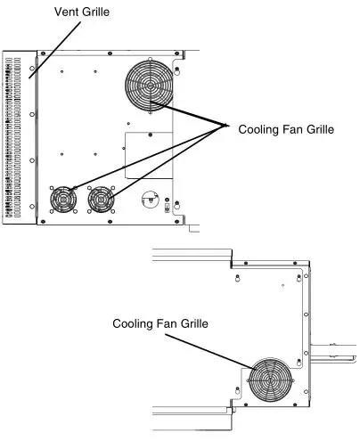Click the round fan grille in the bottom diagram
click(x=273, y=381)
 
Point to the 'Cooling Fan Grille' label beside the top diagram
click(x=286, y=129)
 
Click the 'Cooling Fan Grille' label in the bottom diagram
click(x=160, y=323)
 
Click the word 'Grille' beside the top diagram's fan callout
click(x=317, y=129)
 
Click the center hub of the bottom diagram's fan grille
click(x=273, y=381)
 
